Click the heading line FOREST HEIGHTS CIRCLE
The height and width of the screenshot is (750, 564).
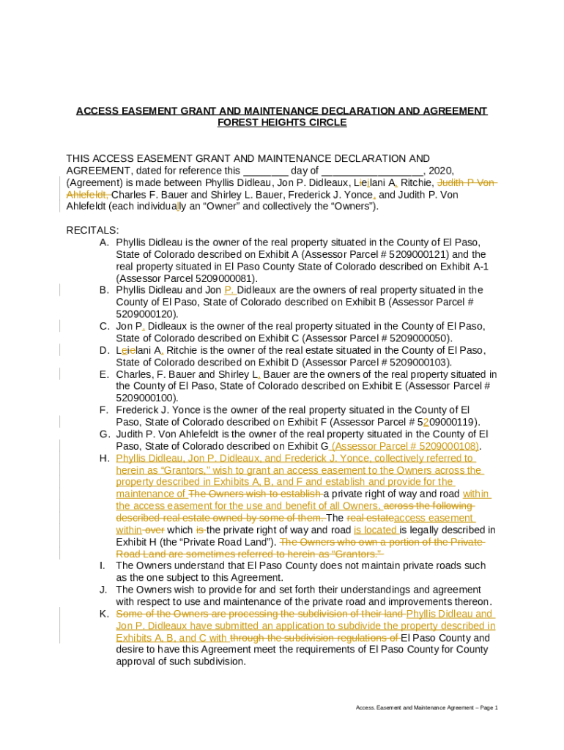pos(282,122)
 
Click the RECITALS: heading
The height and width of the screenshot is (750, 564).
pos(92,230)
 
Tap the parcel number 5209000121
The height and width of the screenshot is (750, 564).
pos(418,254)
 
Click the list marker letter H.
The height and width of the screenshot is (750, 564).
pos(104,458)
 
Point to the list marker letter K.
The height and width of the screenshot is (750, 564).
pos(104,614)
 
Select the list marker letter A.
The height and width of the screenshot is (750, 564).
pos(104,242)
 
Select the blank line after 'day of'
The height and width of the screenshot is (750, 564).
pos(372,171)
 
